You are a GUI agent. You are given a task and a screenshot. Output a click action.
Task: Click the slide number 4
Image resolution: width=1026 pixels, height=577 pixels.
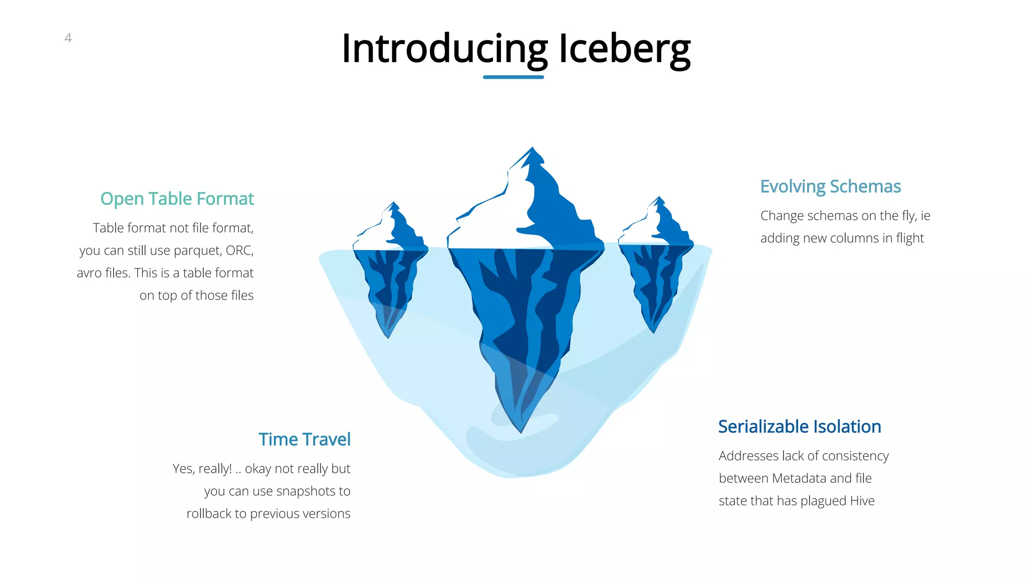click(x=68, y=38)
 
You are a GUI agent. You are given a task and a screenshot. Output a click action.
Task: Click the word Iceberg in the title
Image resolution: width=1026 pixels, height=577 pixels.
click(x=624, y=49)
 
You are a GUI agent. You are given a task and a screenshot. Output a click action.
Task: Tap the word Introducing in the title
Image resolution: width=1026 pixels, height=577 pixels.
click(x=444, y=49)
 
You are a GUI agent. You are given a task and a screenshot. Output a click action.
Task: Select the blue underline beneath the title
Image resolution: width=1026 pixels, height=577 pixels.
click(x=513, y=77)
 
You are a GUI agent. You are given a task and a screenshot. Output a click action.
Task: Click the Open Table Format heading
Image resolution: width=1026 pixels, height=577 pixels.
click(x=177, y=199)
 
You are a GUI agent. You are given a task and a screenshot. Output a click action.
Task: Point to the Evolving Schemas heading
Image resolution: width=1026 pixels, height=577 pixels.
click(x=830, y=186)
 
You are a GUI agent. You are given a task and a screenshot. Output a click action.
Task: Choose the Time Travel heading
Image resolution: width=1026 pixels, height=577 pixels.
click(x=305, y=439)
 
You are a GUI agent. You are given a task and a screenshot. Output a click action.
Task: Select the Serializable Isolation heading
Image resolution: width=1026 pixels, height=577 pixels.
click(x=799, y=427)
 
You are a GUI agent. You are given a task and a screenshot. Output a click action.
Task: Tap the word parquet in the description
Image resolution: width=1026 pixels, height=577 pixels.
click(x=197, y=251)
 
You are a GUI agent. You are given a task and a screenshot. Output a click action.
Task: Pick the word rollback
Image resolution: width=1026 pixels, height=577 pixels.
click(x=209, y=514)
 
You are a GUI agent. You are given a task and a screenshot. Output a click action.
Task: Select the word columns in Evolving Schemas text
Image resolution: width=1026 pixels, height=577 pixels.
click(x=831, y=238)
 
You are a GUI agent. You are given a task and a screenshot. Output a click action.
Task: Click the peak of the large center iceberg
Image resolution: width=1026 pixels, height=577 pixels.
click(x=532, y=148)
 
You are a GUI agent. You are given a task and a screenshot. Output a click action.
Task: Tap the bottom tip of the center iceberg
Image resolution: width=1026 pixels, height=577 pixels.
click(x=521, y=432)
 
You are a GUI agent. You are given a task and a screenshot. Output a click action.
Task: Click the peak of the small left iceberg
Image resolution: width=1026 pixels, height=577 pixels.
click(x=394, y=203)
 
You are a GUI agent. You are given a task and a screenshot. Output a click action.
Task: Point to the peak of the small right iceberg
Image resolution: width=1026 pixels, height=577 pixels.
click(x=659, y=197)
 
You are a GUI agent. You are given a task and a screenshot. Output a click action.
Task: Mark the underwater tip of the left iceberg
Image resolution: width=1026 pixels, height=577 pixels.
click(x=388, y=337)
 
